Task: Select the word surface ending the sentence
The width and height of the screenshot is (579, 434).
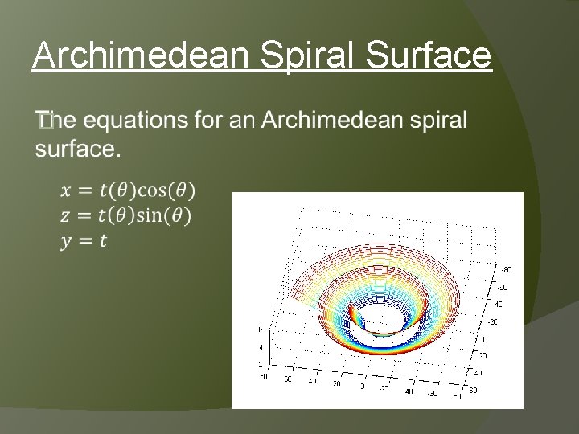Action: pos(78,149)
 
